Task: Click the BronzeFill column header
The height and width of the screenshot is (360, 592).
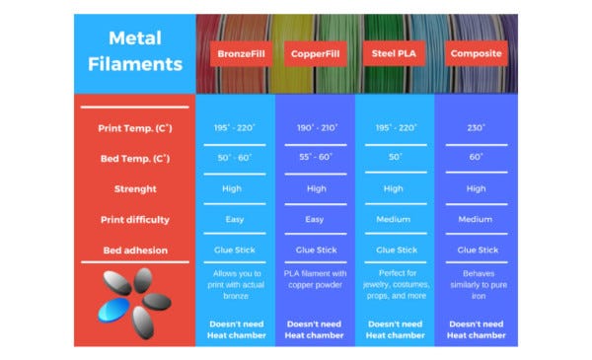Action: pyautogui.click(x=241, y=53)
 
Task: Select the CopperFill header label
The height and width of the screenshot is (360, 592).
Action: pyautogui.click(x=316, y=53)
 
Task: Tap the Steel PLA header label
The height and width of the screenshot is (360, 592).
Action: pyautogui.click(x=394, y=53)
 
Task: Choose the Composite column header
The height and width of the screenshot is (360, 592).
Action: pyautogui.click(x=477, y=53)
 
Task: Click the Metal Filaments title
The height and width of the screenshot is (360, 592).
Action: pyautogui.click(x=135, y=51)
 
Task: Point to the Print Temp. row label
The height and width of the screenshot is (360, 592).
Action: pyautogui.click(x=135, y=128)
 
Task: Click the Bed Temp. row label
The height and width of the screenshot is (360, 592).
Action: pyautogui.click(x=135, y=159)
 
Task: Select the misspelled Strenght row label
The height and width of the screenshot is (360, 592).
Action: pyautogui.click(x=135, y=188)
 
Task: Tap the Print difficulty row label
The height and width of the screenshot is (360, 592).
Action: pyautogui.click(x=135, y=220)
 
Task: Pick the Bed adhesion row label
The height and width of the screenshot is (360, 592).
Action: pyautogui.click(x=135, y=251)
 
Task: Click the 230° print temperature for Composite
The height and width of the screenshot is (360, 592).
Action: pyautogui.click(x=477, y=127)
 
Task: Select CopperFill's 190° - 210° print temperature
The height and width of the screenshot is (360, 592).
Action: pyautogui.click(x=317, y=128)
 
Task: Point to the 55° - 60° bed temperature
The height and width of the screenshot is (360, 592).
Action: pyautogui.click(x=316, y=157)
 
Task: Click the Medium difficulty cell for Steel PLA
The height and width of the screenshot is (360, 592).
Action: pyautogui.click(x=394, y=219)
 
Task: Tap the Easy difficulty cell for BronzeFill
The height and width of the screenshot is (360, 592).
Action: pyautogui.click(x=235, y=219)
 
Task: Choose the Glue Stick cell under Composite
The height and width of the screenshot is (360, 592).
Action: pyautogui.click(x=478, y=250)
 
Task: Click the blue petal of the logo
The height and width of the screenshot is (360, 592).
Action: pyautogui.click(x=113, y=310)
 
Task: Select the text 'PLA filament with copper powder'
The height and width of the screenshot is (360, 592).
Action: pyautogui.click(x=316, y=279)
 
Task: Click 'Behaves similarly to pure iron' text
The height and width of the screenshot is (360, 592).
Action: pyautogui.click(x=479, y=284)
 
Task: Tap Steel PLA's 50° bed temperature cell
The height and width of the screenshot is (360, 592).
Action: pyautogui.click(x=396, y=157)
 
